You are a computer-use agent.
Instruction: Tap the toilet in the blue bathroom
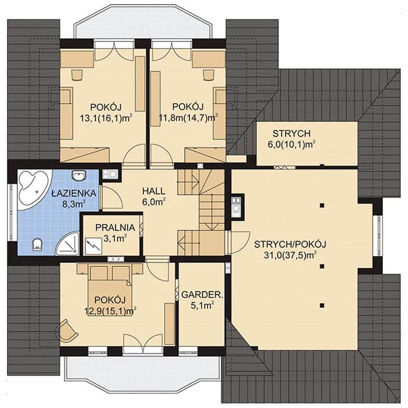(37, 245)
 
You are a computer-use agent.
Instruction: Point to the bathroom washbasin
(79, 175)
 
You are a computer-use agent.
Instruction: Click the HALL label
(153, 191)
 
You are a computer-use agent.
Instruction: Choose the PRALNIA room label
(115, 227)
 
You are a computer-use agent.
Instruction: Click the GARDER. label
(202, 294)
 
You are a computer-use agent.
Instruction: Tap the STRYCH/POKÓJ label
(290, 244)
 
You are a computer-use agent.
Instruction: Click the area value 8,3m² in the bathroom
(74, 203)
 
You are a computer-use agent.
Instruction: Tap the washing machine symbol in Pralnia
(93, 246)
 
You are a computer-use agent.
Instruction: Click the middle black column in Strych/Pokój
(322, 266)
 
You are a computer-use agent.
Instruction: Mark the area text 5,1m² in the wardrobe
(202, 305)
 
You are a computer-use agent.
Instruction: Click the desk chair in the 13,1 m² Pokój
(77, 75)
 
